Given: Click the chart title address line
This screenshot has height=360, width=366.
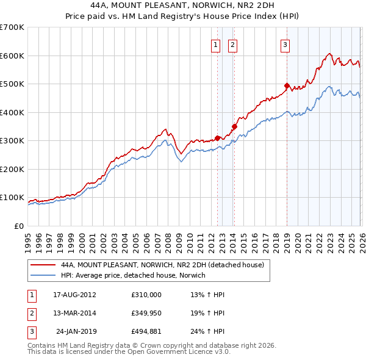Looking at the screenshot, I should [x=183, y=5].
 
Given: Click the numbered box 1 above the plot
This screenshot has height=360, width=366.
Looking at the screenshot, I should [x=216, y=43].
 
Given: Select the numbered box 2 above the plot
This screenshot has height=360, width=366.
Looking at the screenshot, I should [x=233, y=43].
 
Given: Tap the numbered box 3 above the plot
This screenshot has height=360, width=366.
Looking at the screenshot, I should [x=285, y=43].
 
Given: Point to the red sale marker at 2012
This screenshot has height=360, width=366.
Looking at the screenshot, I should [x=217, y=138].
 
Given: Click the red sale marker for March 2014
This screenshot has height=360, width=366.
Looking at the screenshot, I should [x=234, y=127].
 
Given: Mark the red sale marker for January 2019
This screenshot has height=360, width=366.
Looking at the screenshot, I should [x=287, y=85].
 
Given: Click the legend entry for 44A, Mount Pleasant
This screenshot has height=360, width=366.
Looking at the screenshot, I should [x=162, y=265].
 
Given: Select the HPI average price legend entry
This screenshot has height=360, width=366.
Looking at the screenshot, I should [x=133, y=275].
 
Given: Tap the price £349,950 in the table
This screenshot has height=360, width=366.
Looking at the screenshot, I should [x=146, y=313].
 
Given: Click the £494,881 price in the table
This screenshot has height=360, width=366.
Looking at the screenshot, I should [x=146, y=332].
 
